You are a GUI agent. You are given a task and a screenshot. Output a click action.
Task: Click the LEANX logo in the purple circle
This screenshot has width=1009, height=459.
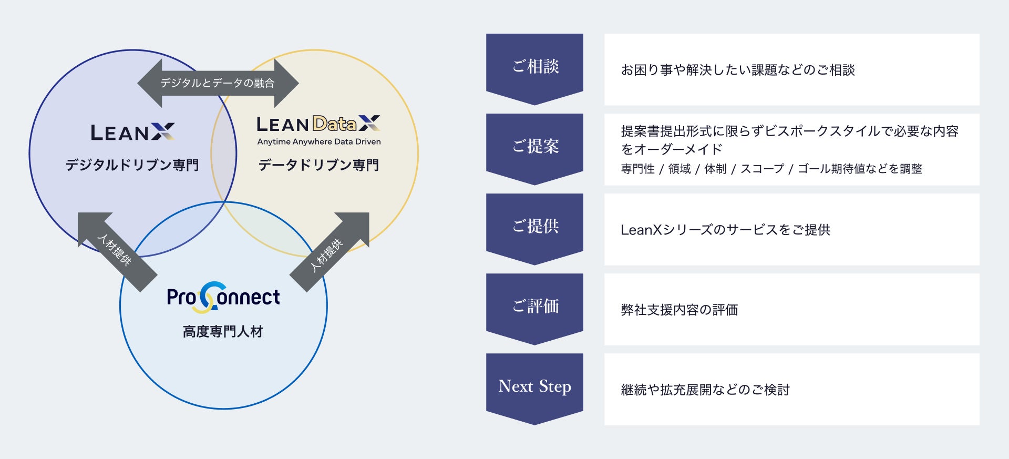point(132,132)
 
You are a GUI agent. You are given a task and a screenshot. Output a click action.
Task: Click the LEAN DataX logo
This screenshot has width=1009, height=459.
point(318,124)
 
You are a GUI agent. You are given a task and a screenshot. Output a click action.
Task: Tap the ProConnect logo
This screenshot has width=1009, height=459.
point(223,297)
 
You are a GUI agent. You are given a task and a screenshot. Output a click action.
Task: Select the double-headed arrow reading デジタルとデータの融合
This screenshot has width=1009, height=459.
point(218,83)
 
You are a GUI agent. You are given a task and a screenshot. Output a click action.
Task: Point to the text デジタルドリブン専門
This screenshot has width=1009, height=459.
point(132,165)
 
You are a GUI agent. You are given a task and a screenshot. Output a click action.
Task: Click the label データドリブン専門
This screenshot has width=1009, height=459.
point(318,165)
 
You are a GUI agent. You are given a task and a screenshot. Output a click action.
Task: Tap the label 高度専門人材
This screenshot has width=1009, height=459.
point(223,331)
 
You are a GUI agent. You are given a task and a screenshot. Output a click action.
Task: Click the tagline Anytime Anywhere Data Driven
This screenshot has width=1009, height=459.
point(319,141)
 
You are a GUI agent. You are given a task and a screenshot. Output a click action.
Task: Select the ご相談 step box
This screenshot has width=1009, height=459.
point(534,67)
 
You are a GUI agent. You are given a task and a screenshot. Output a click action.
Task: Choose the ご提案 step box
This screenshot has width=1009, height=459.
point(534,147)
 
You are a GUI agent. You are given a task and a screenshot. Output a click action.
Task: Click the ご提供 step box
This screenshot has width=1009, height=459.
point(534,227)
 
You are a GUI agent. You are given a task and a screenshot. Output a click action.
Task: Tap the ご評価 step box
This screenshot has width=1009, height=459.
point(534,307)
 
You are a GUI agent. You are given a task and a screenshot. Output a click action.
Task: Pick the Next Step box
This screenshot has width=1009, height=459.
point(534,386)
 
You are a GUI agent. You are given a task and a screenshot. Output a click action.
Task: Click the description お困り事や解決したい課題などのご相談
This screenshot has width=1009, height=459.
point(738,70)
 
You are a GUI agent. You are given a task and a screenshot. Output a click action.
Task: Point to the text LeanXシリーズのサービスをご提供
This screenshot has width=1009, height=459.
point(725,230)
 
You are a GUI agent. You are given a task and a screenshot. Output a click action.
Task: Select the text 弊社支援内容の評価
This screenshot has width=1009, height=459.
point(679,310)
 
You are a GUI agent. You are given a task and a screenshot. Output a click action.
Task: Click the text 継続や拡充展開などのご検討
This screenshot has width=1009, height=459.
point(705,390)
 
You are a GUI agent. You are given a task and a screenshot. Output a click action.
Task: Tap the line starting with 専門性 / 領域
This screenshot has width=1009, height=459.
point(771,169)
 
